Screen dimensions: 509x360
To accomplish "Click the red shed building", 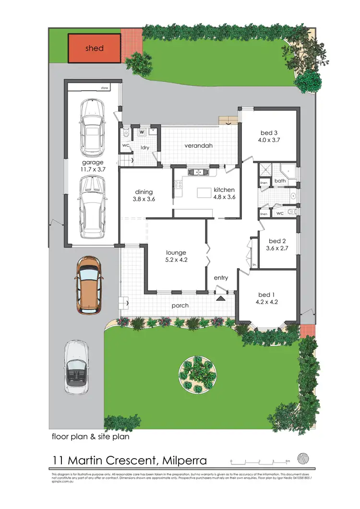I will click(94, 48).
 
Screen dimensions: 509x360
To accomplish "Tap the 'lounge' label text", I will click(176, 253).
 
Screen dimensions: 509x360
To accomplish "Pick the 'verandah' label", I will click(199, 145).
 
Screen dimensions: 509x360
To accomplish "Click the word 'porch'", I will click(180, 306).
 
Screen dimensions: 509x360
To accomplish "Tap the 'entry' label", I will click(221, 278).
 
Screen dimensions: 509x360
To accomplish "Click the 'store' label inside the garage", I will click(104, 88).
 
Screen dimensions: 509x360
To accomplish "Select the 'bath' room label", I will click(280, 181).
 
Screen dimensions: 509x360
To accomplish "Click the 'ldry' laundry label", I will click(144, 147).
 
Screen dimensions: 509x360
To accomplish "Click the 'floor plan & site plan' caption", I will click(90, 437).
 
